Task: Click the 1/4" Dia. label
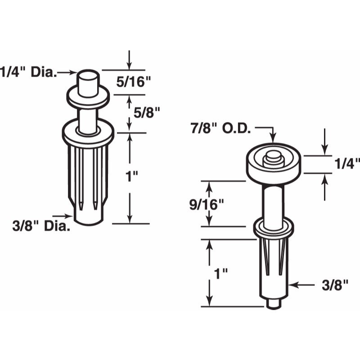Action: click(28, 72)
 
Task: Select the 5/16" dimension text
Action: click(133, 82)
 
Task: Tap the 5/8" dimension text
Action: click(147, 113)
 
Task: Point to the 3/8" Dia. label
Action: click(41, 226)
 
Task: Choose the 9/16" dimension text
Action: click(207, 205)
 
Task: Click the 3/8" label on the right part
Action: click(335, 285)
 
